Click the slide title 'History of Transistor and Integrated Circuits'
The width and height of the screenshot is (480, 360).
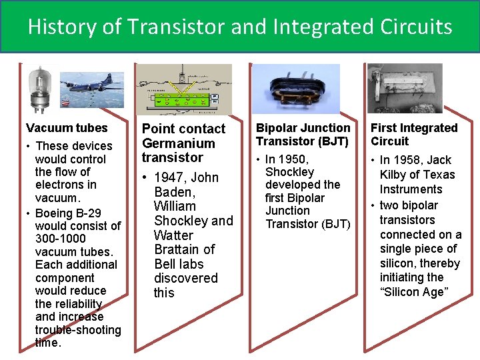(240, 27)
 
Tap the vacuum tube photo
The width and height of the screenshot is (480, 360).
(40, 89)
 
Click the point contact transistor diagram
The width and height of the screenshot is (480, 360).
(183, 90)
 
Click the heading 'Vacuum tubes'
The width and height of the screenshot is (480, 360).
(66, 127)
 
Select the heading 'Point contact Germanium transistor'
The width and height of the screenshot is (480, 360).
(183, 143)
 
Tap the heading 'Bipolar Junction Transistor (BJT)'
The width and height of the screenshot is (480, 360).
(303, 134)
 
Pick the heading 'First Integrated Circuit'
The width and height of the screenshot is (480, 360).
(414, 134)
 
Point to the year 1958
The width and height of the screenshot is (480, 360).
(407, 160)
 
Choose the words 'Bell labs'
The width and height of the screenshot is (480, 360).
(184, 264)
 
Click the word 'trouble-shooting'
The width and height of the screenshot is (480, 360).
(78, 330)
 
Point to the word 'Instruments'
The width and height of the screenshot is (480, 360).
(411, 189)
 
